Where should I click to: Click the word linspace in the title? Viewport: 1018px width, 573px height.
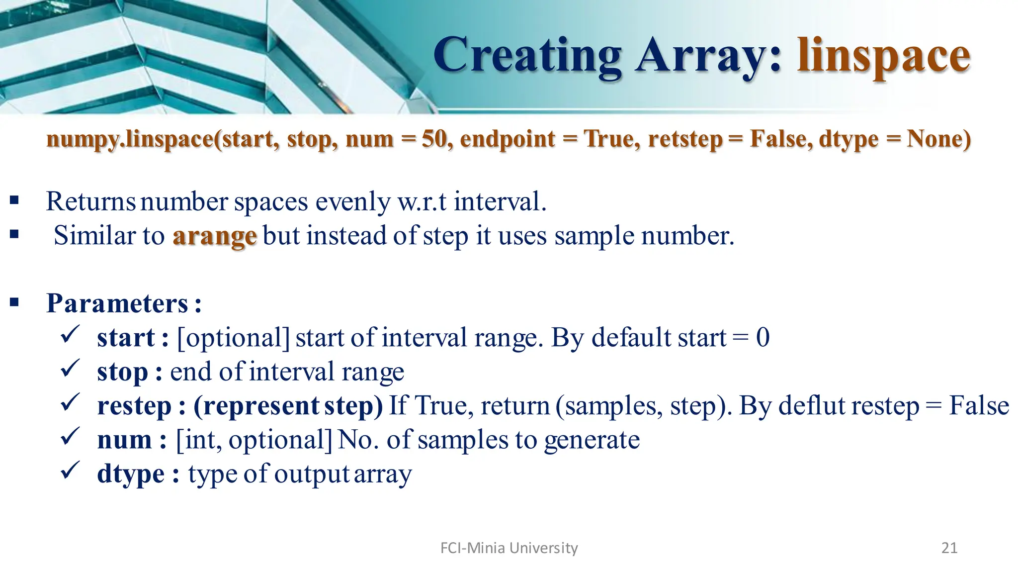pos(883,56)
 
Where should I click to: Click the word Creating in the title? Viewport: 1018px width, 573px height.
pos(527,56)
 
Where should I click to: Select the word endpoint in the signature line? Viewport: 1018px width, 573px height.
pos(507,139)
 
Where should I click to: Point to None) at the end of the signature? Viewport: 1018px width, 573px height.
pos(938,139)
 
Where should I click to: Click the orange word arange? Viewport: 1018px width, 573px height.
pos(214,236)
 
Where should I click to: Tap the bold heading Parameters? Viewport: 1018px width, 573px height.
pos(117,303)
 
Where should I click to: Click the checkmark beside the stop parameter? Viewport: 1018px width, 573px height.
pos(70,369)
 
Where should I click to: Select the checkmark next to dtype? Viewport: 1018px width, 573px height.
pos(70,470)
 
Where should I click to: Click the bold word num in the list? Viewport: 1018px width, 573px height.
pos(124,440)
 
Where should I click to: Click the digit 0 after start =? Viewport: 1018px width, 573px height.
pos(763,338)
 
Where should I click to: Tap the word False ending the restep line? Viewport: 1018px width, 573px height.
pos(979,405)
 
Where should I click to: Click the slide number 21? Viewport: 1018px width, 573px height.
pos(949,548)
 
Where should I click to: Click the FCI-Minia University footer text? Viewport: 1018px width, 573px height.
pos(509,548)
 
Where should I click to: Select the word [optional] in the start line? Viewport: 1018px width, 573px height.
pos(233,338)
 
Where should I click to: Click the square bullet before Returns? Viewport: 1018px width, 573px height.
pos(14,200)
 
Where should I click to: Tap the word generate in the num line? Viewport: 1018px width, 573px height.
pos(592,440)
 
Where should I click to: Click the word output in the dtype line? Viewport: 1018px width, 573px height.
pos(312,474)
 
